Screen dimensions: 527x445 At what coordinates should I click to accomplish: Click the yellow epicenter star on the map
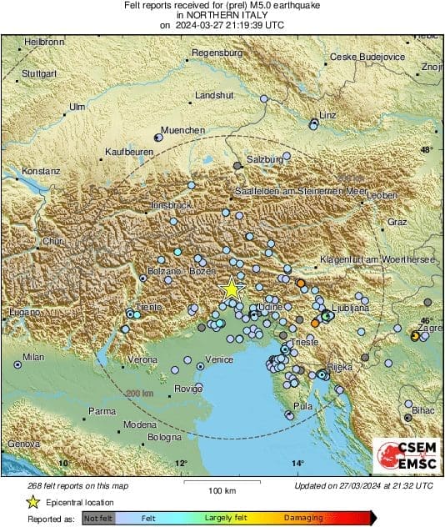click(232, 289)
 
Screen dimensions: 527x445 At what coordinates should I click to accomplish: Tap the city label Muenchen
click(182, 131)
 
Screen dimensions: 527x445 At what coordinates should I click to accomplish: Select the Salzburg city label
click(266, 158)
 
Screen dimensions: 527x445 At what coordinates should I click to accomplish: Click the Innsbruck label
click(172, 204)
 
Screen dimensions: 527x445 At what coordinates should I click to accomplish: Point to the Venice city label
click(218, 359)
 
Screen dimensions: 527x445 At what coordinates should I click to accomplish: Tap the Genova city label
click(22, 444)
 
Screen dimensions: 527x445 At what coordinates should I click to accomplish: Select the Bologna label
click(164, 437)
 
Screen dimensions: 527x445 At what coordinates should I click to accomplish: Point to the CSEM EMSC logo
click(402, 456)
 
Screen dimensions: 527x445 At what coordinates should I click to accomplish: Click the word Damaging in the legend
click(302, 518)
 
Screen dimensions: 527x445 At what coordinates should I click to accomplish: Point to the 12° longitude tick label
click(181, 463)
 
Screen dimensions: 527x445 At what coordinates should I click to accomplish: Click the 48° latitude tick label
click(427, 150)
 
